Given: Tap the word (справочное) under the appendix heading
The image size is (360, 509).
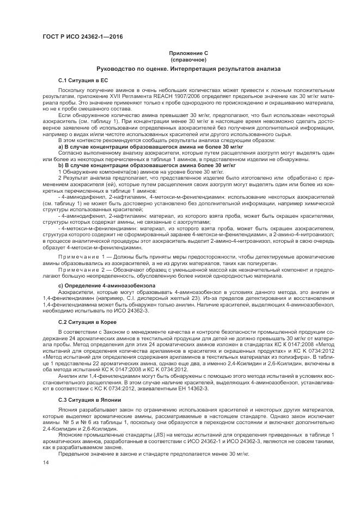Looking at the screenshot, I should pyautogui.click(x=187, y=59).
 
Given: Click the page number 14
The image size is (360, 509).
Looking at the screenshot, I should pyautogui.click(x=45, y=462).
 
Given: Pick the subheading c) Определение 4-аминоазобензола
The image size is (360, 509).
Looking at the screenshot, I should pyautogui.click(x=106, y=285).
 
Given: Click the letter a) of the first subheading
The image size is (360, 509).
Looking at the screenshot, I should pyautogui.click(x=60, y=147).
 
